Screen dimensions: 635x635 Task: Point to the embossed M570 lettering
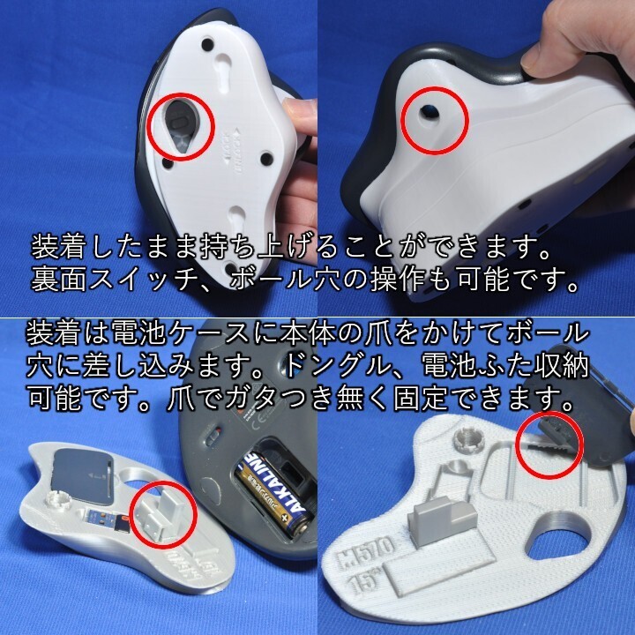(366, 551)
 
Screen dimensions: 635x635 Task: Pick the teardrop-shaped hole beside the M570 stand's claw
(556, 536)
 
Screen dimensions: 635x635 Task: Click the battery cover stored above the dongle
(82, 473)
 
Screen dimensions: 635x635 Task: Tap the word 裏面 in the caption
(59, 279)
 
